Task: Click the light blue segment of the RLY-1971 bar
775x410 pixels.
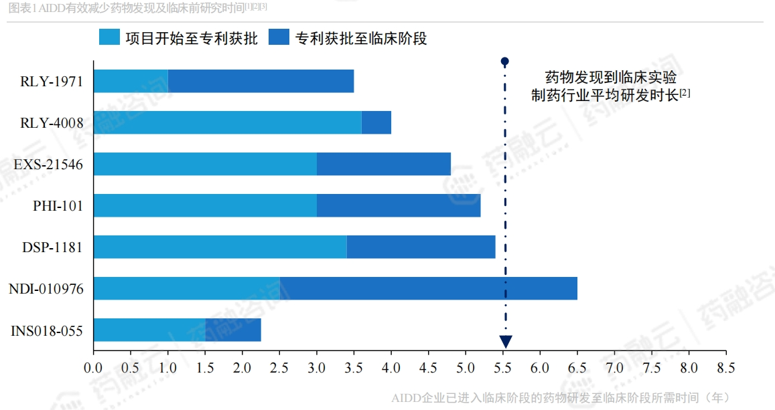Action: click(131, 81)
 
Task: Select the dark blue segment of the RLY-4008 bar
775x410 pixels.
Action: click(376, 122)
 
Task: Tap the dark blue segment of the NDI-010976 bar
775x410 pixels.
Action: click(429, 288)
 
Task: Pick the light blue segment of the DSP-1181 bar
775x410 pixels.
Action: click(220, 247)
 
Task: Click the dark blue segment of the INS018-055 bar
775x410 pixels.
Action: click(233, 330)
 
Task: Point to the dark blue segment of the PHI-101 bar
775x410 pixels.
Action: click(399, 205)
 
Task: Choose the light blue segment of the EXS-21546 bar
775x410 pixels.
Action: click(205, 164)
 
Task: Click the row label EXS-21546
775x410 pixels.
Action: click(48, 165)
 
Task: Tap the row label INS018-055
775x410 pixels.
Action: click(47, 330)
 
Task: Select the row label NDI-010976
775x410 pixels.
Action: click(46, 289)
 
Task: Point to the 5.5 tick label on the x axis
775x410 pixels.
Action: click(502, 367)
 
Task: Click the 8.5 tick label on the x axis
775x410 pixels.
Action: click(725, 367)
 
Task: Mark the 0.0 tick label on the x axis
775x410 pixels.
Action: click(94, 367)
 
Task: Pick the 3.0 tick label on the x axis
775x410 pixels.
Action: click(317, 367)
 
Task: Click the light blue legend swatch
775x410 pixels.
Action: click(109, 37)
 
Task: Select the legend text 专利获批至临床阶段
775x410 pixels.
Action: click(361, 38)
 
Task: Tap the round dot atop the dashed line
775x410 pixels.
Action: click(505, 62)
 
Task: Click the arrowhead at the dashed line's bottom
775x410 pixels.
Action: click(506, 342)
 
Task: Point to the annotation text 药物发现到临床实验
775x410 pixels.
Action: click(610, 76)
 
